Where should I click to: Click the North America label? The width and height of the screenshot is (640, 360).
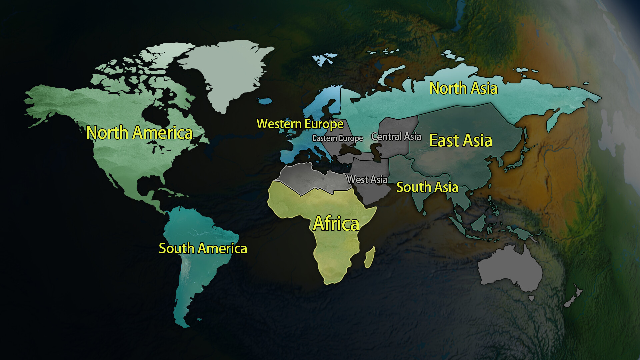[x=139, y=133]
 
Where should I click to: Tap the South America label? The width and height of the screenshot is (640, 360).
[x=203, y=248]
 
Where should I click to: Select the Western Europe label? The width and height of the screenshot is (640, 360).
[x=300, y=124]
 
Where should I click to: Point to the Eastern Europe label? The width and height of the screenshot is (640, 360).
[x=337, y=138]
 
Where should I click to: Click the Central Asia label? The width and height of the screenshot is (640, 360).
[x=396, y=137]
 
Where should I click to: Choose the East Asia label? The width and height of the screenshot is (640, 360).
[x=461, y=140]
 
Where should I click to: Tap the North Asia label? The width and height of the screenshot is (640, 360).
[x=463, y=88]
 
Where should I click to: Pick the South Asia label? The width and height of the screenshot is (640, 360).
[x=427, y=187]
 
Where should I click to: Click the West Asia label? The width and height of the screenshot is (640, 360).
[x=367, y=179]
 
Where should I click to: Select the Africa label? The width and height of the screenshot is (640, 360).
[x=336, y=224]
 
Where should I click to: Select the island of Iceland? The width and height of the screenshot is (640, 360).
[x=265, y=101]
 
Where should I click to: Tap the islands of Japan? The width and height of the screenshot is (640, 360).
[x=515, y=160]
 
